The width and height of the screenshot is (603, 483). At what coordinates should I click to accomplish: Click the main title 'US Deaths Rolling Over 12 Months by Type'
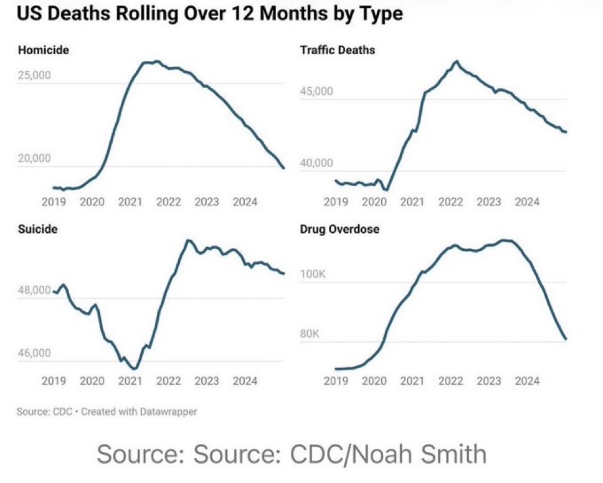(209, 14)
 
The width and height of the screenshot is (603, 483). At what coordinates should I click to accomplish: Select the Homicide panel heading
(43, 50)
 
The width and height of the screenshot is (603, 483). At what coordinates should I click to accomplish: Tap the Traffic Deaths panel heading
(338, 50)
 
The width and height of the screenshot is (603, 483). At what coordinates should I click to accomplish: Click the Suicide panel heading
(37, 229)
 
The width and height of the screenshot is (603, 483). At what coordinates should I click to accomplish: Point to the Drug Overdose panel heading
(339, 229)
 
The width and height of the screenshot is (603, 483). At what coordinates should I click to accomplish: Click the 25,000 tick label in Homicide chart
(34, 75)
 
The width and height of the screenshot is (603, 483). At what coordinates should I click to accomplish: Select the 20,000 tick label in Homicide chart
(34, 159)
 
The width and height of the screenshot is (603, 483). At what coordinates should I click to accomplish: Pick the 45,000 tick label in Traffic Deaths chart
(316, 91)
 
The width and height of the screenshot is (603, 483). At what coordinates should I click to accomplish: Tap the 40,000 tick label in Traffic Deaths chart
(316, 163)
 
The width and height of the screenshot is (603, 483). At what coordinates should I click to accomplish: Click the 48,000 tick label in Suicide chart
(34, 290)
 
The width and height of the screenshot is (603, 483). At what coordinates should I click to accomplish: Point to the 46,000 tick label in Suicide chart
(34, 354)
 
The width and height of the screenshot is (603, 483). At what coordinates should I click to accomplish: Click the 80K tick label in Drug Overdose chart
(309, 334)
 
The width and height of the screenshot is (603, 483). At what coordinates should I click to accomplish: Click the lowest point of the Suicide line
(135, 369)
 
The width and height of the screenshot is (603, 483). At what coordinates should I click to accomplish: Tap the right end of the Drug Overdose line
(565, 339)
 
